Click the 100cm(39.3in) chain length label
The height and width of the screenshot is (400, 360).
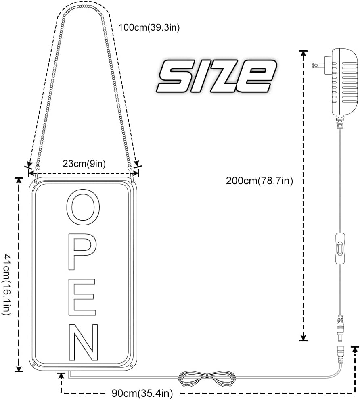pos(149,27)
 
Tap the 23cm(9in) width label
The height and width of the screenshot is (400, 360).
pos(84,164)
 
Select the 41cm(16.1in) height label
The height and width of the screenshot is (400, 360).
pos(7,284)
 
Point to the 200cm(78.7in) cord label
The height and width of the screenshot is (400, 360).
pos(260,181)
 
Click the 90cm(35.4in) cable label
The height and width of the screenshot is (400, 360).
pos(142,393)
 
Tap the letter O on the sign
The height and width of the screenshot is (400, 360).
pos(83,207)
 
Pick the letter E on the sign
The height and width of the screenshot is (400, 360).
pos(82,297)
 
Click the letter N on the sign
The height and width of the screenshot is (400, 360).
pos(83,342)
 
